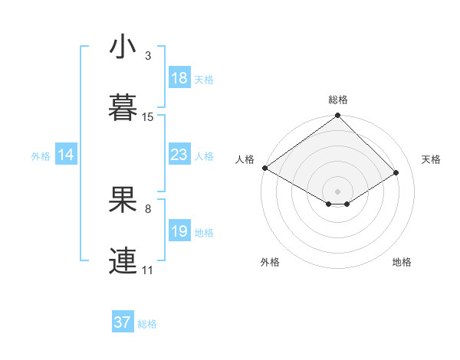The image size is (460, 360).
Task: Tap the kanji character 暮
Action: point(123,107)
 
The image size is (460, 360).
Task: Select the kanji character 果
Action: point(123,201)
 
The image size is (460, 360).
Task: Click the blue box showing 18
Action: point(179,78)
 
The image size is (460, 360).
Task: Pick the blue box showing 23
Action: point(179,155)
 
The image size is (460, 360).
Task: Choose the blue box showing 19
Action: point(179,231)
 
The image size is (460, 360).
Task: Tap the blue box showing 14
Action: point(66,155)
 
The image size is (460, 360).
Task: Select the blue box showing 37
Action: point(123,322)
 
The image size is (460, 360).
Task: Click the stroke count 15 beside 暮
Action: point(148,117)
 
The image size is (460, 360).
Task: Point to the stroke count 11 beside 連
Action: point(148,270)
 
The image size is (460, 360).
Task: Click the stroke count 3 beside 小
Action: point(148,56)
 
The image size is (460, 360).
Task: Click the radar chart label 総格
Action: point(338,100)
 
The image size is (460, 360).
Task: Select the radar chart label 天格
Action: point(431,159)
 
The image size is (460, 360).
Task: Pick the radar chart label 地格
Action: point(402,262)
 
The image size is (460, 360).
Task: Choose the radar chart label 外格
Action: point(270,262)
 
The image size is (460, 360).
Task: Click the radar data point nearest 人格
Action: point(264,168)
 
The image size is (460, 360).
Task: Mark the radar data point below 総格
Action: point(338,116)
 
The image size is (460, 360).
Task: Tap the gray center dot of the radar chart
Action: point(338,191)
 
